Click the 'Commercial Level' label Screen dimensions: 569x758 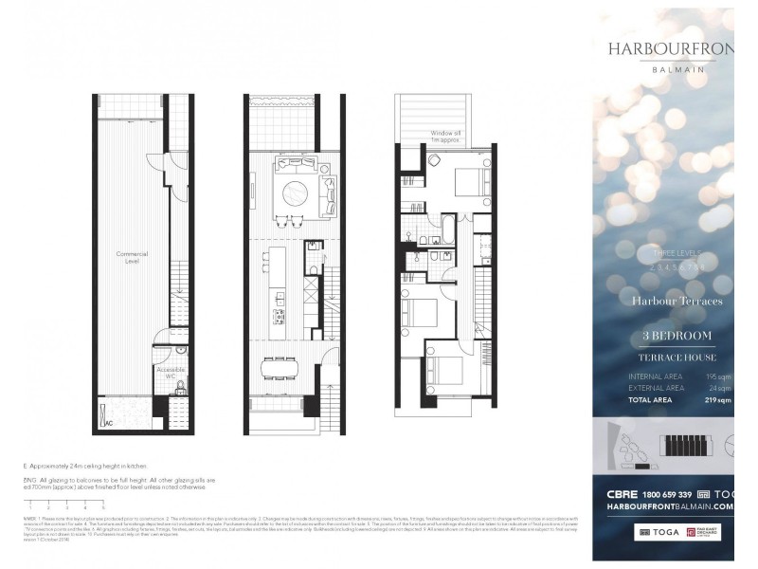coord(132,257)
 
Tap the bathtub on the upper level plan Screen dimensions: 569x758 coord(443,229)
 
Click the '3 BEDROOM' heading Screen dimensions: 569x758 coord(677,337)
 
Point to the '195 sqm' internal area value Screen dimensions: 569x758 coord(718,376)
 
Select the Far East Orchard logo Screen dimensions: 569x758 coord(714,534)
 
